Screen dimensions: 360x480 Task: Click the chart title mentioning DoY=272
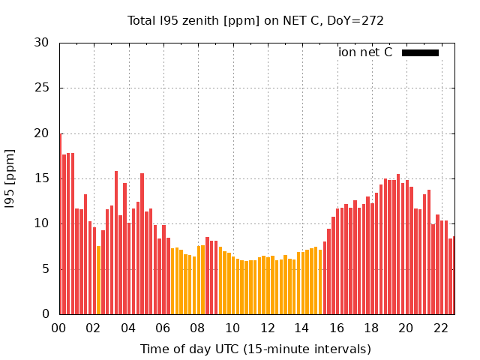pos(256,20)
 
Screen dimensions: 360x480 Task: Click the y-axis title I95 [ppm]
pos(10,178)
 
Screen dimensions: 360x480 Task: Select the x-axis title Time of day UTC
pos(256,349)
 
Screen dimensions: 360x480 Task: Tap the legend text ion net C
pos(365,52)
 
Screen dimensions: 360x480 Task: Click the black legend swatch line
pos(420,52)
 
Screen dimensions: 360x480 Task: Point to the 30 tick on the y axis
pos(41,43)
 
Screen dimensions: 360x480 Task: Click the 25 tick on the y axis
pos(41,88)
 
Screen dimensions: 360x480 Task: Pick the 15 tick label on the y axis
pos(41,178)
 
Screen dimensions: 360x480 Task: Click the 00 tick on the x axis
pos(59,328)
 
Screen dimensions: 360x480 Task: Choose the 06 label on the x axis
pos(163,328)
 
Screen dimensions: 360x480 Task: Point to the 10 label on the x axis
pos(232,328)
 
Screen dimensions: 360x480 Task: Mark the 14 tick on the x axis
pos(301,328)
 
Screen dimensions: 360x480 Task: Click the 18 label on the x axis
pos(371,328)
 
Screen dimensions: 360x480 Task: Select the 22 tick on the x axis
pos(440,328)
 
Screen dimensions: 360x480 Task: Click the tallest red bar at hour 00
pos(60,225)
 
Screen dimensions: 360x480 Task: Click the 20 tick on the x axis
pos(406,328)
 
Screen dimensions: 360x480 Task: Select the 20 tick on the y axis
pos(41,133)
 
